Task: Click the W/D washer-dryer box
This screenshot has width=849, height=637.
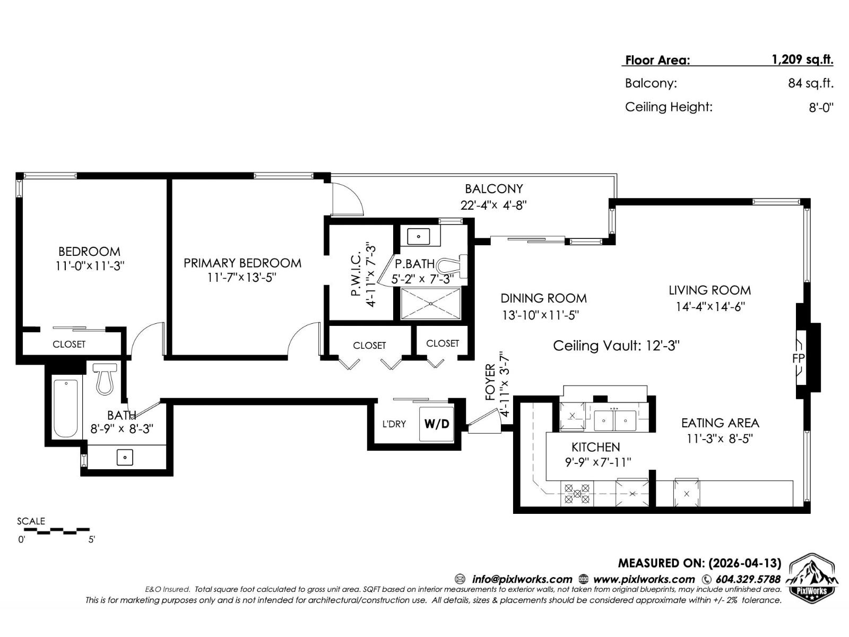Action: [x=437, y=424]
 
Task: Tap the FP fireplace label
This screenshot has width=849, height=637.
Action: [x=798, y=359]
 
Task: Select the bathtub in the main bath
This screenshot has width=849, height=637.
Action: [x=66, y=408]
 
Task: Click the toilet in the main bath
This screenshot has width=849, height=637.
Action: [x=105, y=378]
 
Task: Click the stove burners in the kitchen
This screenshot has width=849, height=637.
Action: [x=577, y=494]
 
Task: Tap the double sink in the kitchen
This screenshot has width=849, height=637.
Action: [x=614, y=420]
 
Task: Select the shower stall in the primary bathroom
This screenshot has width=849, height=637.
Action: [x=430, y=304]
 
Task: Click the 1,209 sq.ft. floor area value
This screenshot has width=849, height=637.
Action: [x=802, y=59]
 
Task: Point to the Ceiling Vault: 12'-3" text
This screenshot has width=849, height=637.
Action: [x=616, y=346]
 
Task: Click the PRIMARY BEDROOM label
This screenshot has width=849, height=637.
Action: [x=242, y=263]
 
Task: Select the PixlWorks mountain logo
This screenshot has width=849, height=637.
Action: [x=812, y=578]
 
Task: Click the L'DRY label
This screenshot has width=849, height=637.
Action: [x=394, y=424]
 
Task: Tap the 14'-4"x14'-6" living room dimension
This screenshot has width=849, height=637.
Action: [x=710, y=307]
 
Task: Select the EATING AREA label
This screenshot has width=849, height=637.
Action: [x=720, y=423]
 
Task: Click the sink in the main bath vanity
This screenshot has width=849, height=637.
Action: [x=125, y=457]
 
